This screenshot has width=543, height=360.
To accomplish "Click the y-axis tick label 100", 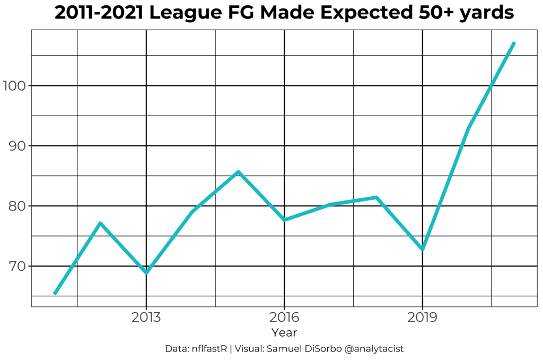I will tap(14, 85).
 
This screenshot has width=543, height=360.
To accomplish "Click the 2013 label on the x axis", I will tap(146, 318).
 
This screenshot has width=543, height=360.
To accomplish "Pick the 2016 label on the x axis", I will tap(284, 318).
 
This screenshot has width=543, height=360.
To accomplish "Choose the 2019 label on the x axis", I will tap(422, 318).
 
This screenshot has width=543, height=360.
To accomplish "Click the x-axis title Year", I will tap(284, 333).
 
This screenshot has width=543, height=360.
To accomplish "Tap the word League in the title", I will tap(182, 13).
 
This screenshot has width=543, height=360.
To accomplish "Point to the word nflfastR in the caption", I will tap(209, 349).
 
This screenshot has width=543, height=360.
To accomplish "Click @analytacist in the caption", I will tap(374, 349).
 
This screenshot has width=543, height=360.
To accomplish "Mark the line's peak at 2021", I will tap(514, 43).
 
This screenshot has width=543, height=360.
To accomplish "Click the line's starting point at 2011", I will tap(55, 293).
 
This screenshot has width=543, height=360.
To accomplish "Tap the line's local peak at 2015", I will tap(239, 172).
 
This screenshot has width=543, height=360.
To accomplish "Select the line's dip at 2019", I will tap(423, 249).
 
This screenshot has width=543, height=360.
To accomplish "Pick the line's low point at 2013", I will tap(146, 273).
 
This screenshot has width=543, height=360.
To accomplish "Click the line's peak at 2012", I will tap(100, 223).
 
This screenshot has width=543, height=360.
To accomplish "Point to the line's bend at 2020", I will tap(468, 128).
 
